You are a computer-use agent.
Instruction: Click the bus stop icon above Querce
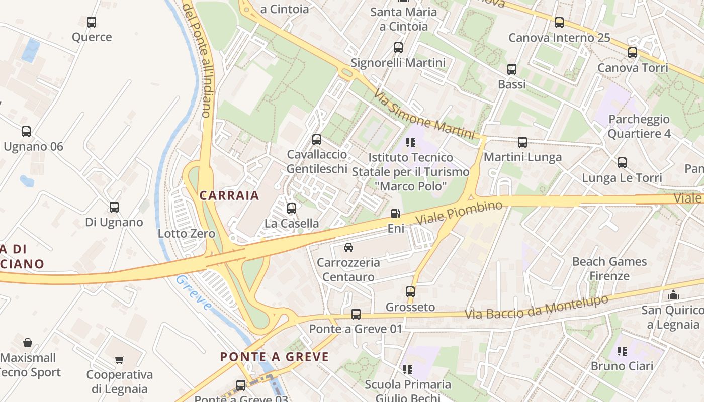[x=91, y=22]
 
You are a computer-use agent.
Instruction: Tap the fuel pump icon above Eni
[x=396, y=214]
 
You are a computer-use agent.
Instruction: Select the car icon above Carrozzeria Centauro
[x=348, y=247]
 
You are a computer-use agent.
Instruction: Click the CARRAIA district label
[x=229, y=195]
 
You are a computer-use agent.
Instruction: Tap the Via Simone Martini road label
[x=424, y=115]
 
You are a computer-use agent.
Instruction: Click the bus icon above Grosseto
[x=410, y=291]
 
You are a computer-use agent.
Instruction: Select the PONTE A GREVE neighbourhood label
[x=275, y=357]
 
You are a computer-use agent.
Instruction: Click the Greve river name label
[x=194, y=293]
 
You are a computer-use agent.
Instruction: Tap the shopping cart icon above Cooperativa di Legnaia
[x=119, y=360]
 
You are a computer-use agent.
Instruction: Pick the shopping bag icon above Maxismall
[x=28, y=343]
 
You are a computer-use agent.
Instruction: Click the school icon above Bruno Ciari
[x=622, y=351]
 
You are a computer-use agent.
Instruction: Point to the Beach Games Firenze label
[x=609, y=269]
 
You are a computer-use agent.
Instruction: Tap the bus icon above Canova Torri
[x=632, y=52]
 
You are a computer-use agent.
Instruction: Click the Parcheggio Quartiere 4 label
[x=639, y=126]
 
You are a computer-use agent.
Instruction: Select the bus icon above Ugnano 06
[x=26, y=132]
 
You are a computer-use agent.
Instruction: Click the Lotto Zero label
[x=186, y=233]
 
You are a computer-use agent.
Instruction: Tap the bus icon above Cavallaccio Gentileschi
[x=317, y=140]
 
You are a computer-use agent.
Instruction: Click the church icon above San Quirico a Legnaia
[x=673, y=295]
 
